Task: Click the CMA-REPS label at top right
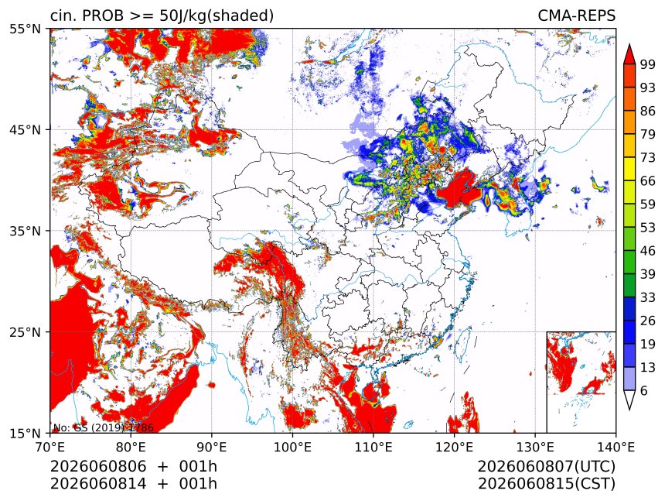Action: pos(576,15)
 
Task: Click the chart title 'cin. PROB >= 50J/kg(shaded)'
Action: pos(162,16)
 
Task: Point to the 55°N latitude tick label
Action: pos(26,29)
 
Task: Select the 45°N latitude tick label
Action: pos(26,129)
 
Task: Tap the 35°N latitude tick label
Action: pos(26,231)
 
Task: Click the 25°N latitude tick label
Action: pos(26,332)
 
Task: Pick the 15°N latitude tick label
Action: pos(26,433)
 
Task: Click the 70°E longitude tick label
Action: pos(50,447)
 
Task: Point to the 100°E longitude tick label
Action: pos(292,447)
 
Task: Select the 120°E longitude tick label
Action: pos(454,447)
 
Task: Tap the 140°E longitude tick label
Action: pos(616,447)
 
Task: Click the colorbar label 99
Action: pos(648,64)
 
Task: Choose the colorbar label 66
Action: pos(648,181)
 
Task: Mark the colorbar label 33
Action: pos(648,297)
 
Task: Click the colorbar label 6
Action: pos(644,390)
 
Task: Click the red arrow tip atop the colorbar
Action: pos(629,44)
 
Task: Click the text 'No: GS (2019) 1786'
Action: pos(104,427)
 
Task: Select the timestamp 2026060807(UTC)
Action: pos(546,466)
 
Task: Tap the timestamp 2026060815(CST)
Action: pos(546,484)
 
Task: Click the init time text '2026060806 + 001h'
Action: pos(134,466)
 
